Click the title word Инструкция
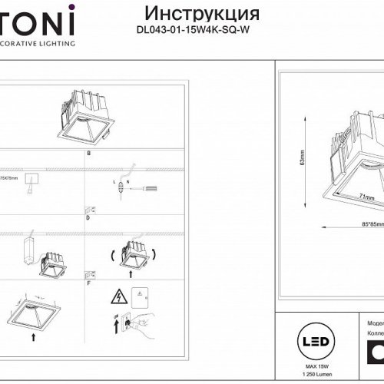tap(201, 15)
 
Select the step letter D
tap(88, 219)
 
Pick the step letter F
tap(88, 283)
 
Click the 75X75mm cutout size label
tap(8, 177)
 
